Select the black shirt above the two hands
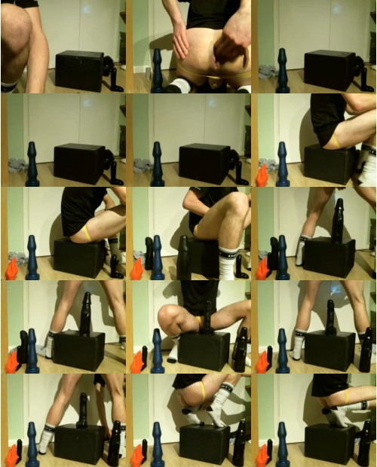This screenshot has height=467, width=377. (x=204, y=11)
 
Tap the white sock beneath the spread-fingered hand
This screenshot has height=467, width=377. (x=179, y=87)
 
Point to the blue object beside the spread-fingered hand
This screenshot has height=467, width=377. (x=157, y=72)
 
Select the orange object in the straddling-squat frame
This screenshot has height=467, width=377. (x=136, y=362)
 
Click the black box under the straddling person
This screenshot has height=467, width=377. (x=204, y=350)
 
